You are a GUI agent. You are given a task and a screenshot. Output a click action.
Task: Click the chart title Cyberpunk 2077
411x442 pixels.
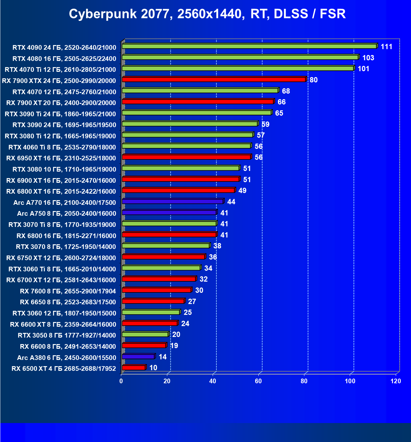(x=207, y=14)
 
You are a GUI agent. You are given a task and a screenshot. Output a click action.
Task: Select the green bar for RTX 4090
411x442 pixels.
(x=249, y=46)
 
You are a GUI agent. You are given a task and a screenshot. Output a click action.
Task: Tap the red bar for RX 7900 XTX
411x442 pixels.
(x=214, y=80)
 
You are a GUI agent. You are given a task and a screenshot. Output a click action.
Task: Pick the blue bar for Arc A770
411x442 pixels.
(x=173, y=201)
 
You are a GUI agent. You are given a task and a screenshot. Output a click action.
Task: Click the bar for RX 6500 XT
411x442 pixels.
(x=134, y=368)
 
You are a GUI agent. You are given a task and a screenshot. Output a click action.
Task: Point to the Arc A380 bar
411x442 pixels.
(x=138, y=357)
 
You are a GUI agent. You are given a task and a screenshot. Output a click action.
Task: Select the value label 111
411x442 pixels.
(x=386, y=47)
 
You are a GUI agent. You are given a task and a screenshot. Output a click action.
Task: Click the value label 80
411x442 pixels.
(x=313, y=80)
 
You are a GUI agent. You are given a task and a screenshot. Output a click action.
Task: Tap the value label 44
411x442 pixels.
(x=231, y=202)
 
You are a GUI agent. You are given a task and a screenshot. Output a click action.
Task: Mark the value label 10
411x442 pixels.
(x=153, y=368)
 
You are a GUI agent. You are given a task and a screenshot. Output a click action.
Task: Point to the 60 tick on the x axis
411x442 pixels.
(x=258, y=381)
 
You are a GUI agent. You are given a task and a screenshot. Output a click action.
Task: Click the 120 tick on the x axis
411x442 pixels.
(x=396, y=381)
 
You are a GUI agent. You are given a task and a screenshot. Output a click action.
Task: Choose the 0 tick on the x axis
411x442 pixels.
(x=121, y=381)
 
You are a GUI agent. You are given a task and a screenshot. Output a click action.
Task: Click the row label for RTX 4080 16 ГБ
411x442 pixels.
(x=64, y=58)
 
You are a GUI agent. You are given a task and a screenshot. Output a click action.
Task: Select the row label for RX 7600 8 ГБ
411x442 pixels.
(x=68, y=291)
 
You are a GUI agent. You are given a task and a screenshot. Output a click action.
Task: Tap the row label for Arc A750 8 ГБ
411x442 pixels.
(x=67, y=213)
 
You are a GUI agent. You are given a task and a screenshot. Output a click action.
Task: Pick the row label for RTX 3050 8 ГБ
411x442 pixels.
(x=67, y=335)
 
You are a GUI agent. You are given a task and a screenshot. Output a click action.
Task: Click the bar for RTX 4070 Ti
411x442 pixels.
(x=238, y=68)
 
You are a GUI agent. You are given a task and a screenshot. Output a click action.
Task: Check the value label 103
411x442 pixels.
(x=368, y=58)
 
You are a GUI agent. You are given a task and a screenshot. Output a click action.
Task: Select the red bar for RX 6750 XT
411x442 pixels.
(x=164, y=257)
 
